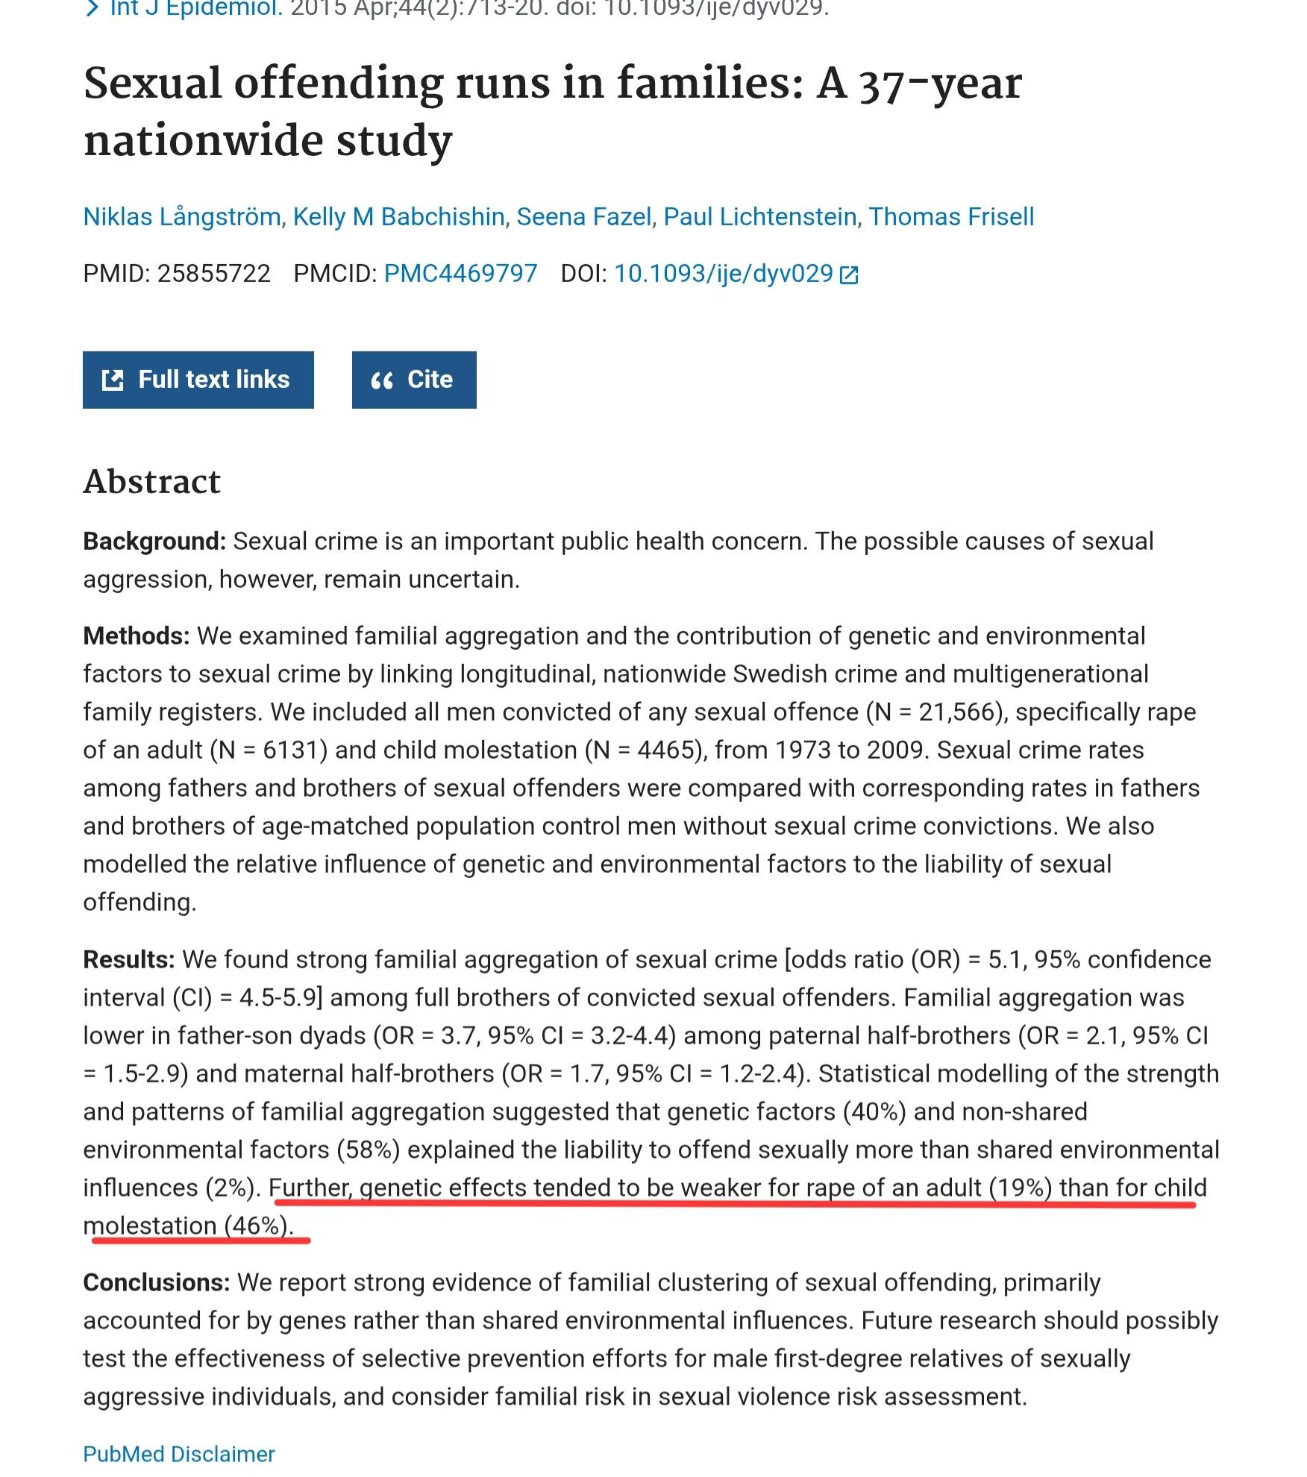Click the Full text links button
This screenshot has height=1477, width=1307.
[x=198, y=380]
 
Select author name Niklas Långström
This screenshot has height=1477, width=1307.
[x=182, y=216]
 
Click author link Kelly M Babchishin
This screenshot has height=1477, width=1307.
[x=398, y=216]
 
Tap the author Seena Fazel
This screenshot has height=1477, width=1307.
[x=584, y=216]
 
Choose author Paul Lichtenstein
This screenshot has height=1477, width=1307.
[x=759, y=216]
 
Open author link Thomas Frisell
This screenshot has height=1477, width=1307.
[x=951, y=216]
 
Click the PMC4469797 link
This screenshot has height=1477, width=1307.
[x=460, y=274]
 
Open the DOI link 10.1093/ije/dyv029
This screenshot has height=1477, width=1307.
[x=723, y=274]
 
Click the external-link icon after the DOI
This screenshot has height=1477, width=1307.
[x=849, y=275]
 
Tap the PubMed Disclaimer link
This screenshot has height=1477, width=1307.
[x=179, y=1454]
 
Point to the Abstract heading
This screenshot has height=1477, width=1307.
[x=152, y=482]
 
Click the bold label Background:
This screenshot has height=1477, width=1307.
[x=154, y=542]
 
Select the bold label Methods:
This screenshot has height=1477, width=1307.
[x=137, y=636]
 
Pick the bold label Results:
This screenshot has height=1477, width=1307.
[x=129, y=959]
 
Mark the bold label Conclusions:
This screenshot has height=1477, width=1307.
[x=157, y=1282]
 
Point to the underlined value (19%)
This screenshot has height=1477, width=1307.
[x=1020, y=1188]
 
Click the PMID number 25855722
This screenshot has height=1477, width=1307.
[x=213, y=274]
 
